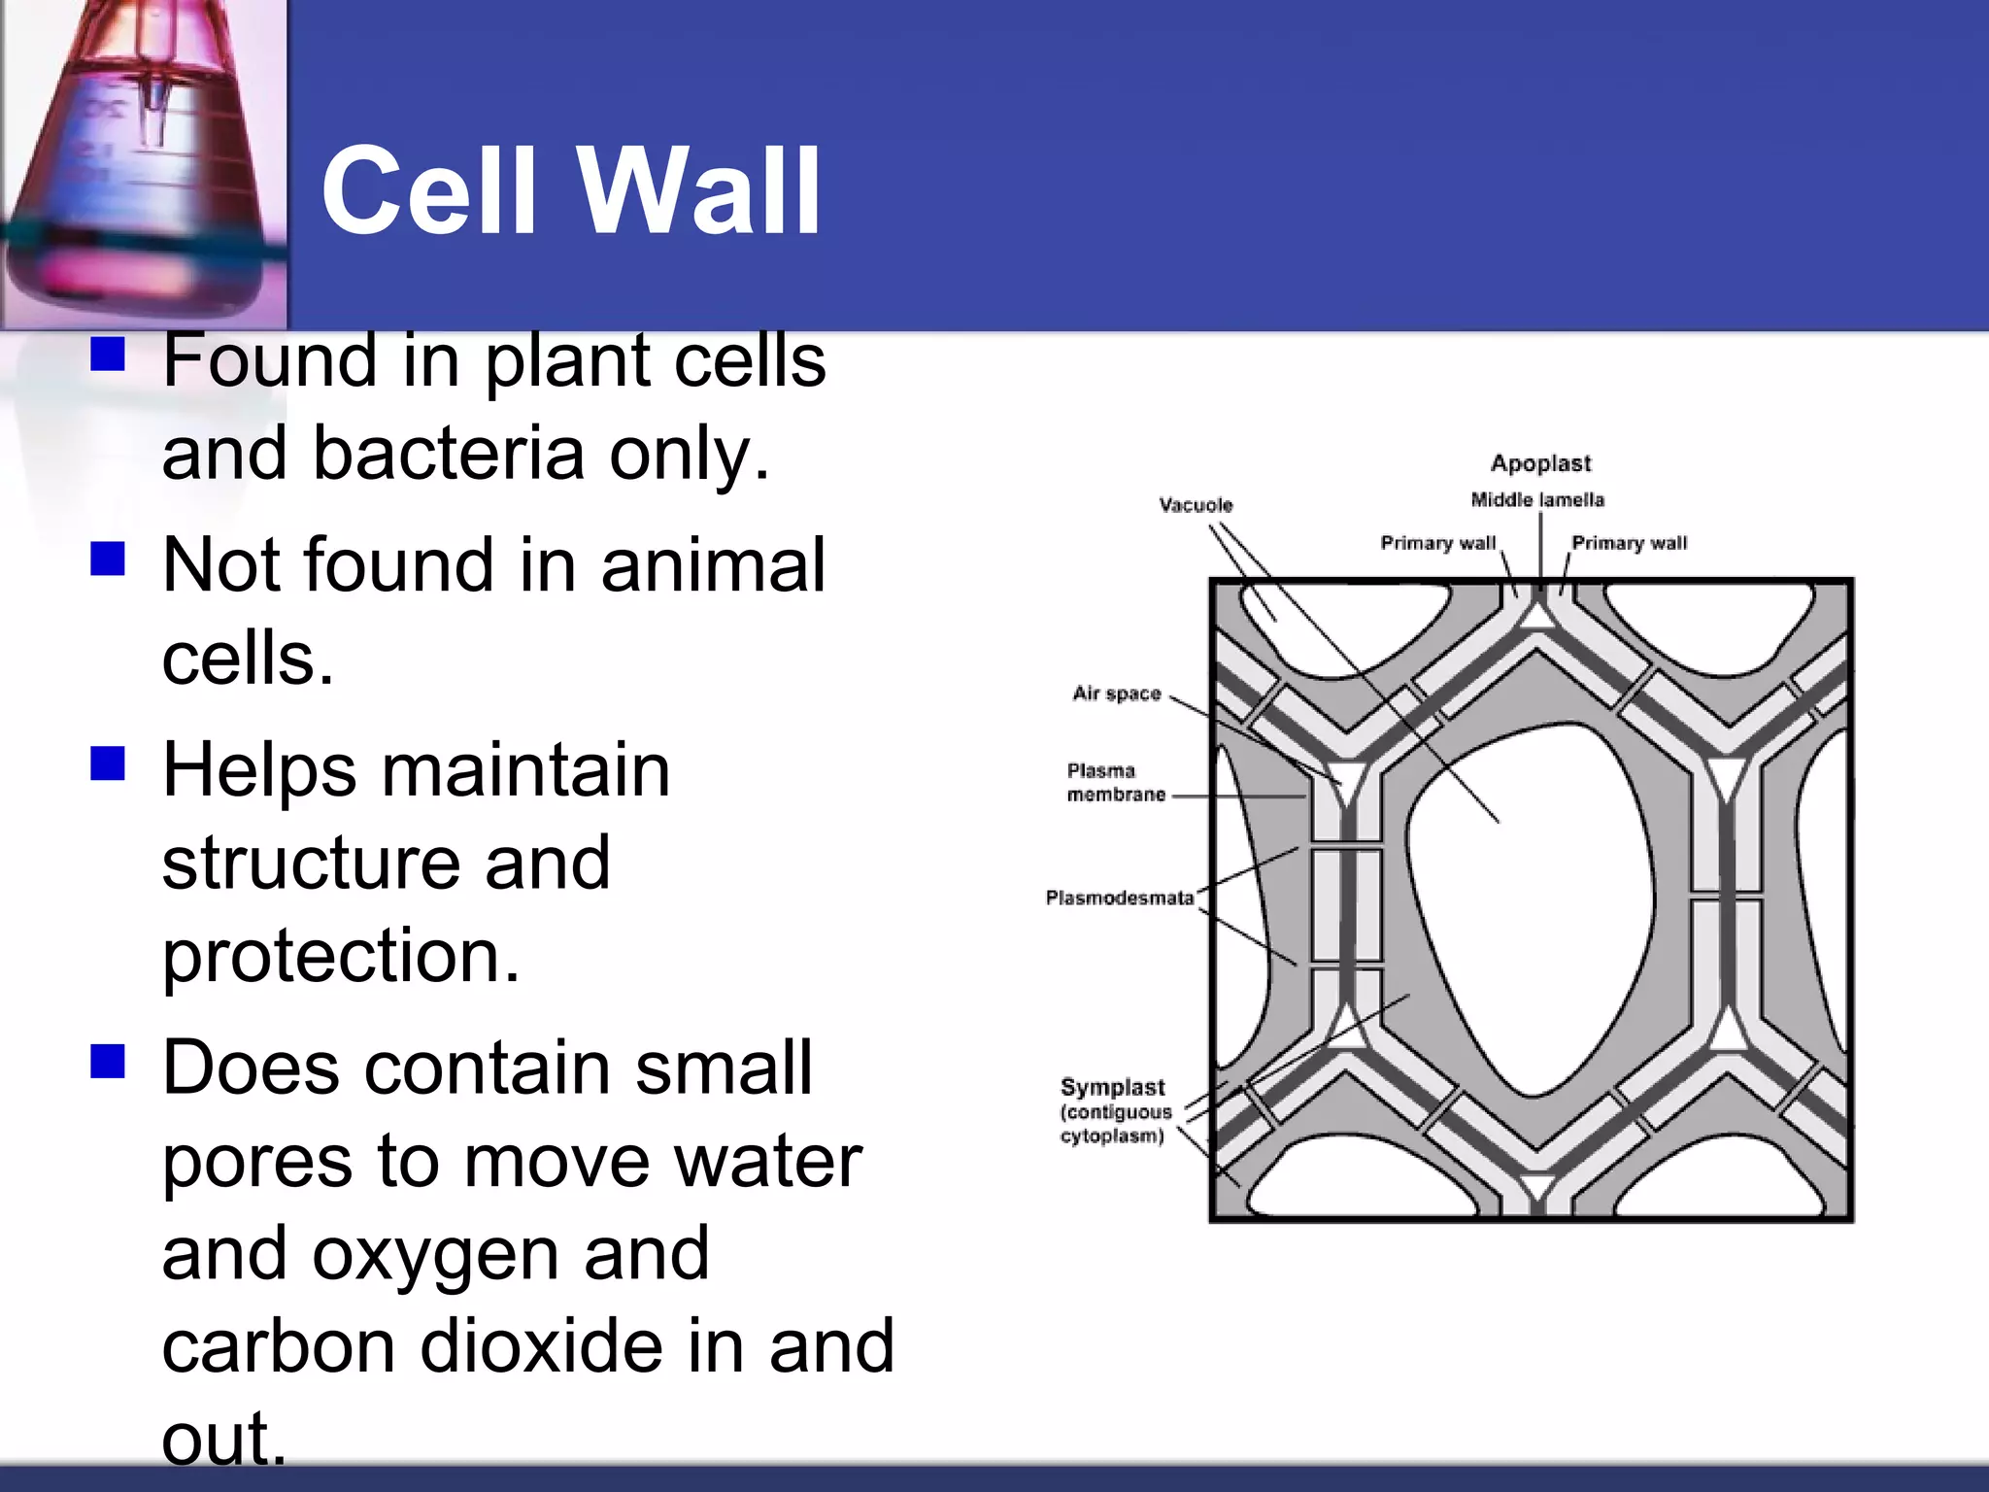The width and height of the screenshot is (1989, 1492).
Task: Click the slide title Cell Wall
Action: point(571,191)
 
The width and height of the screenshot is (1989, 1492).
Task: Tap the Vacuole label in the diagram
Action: point(1196,505)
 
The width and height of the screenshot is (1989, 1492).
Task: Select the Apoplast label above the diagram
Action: point(1540,463)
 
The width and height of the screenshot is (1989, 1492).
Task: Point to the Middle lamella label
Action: point(1537,500)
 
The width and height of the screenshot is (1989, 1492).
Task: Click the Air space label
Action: point(1117,694)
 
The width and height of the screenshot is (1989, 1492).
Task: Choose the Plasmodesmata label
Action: point(1120,898)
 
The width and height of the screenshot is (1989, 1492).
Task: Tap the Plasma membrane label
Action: point(1115,783)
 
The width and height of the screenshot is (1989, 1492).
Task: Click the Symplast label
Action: point(1112,1088)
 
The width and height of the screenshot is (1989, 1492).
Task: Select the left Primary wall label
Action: point(1437,543)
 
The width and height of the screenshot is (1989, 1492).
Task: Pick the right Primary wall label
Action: point(1629,543)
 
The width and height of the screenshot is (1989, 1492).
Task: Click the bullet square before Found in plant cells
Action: point(108,355)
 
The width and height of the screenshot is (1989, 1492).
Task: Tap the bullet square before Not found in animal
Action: point(108,559)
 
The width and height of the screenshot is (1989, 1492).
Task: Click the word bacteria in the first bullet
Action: point(449,454)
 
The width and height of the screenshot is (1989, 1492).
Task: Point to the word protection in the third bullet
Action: point(340,955)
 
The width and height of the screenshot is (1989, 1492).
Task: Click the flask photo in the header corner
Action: point(144,163)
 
